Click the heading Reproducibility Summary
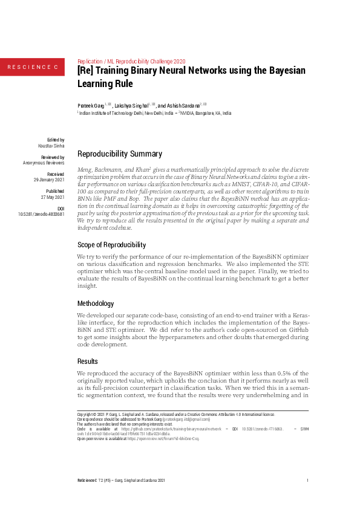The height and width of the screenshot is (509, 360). coord(120,154)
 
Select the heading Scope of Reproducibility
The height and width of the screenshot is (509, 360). coord(112,245)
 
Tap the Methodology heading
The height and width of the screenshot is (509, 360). coord(96,303)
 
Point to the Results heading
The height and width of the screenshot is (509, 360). coord(88,361)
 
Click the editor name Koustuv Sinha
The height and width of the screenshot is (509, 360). coord(51,146)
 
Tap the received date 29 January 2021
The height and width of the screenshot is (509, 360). coord(49,180)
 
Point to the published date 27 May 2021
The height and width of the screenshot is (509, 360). coord(53,197)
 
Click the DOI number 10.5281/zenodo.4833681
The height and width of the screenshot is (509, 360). coord(42,214)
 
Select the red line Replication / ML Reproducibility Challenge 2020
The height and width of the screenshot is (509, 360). coord(132,61)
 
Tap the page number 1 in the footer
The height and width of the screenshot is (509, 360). coord(308,480)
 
